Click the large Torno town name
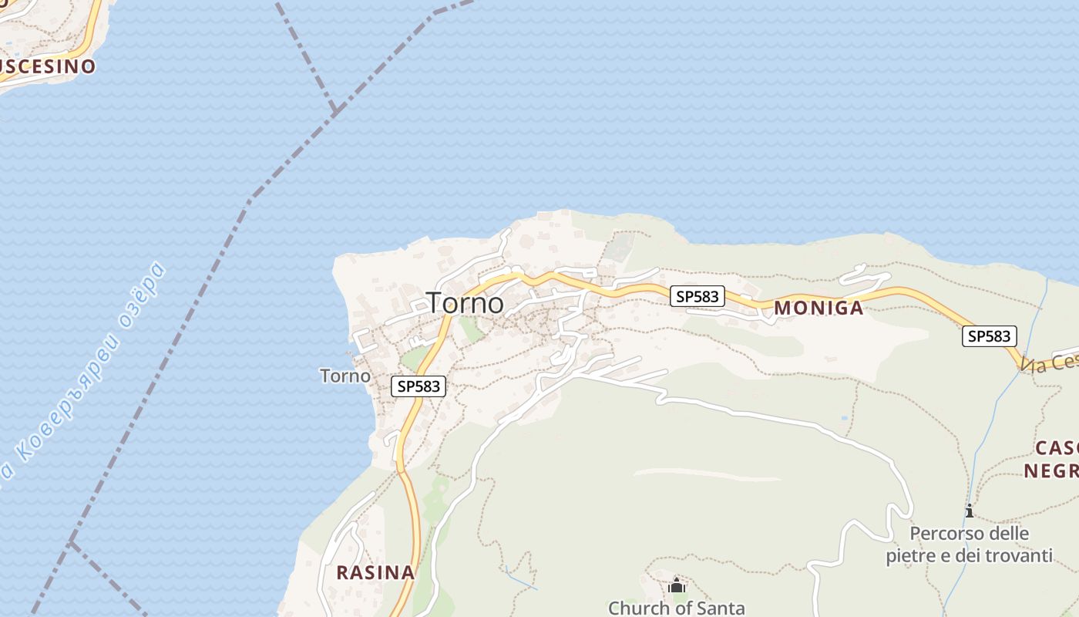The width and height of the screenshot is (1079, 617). (x=466, y=303)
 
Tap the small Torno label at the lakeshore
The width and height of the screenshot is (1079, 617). (x=345, y=376)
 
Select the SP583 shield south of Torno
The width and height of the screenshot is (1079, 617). (x=418, y=386)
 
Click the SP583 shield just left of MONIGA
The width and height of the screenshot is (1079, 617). (x=697, y=296)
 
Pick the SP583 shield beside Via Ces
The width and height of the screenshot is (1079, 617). (x=990, y=336)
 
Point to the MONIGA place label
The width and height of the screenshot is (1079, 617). (x=818, y=308)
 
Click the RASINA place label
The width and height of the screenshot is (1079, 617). (x=375, y=573)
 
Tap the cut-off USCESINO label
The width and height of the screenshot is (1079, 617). (x=46, y=66)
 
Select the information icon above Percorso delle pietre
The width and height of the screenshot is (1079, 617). (x=969, y=511)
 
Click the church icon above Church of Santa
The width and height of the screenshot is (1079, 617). (x=677, y=585)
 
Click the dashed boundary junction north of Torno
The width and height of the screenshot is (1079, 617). (x=335, y=113)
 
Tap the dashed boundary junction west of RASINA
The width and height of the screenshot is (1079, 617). (x=72, y=543)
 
